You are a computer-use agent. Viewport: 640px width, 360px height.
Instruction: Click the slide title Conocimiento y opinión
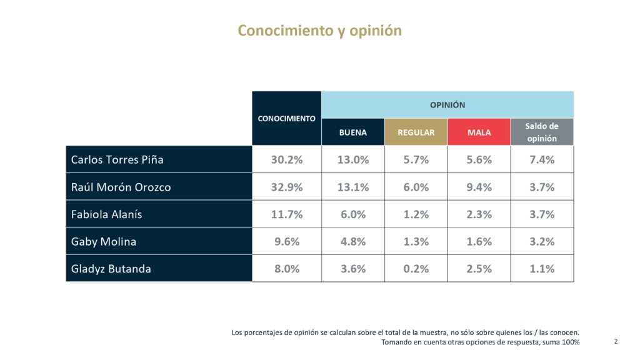[x=319, y=31]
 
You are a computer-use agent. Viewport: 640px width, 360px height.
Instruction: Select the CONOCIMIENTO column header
[x=287, y=118]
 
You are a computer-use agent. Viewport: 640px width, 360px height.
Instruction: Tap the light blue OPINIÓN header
[x=447, y=105]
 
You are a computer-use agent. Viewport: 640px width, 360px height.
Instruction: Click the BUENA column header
[x=353, y=132]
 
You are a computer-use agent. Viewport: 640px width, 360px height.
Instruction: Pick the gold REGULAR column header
[x=416, y=132]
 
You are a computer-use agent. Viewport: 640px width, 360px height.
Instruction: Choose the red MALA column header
[x=479, y=132]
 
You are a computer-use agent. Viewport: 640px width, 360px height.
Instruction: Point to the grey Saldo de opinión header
[x=542, y=132]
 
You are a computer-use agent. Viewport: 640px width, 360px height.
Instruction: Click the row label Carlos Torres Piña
[x=117, y=159]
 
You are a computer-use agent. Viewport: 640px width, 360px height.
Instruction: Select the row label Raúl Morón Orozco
[x=121, y=187]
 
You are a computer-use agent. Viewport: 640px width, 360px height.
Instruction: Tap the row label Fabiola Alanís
[x=107, y=214]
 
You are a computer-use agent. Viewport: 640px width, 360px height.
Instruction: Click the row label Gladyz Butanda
[x=111, y=269]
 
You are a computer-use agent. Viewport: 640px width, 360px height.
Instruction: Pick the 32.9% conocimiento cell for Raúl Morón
[x=287, y=187]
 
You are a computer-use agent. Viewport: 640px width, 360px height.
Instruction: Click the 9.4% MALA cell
[x=479, y=187]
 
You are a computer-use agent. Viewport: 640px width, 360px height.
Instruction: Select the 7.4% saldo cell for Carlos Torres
[x=542, y=159]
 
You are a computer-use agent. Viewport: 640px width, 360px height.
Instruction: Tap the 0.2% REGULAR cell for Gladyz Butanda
[x=416, y=269]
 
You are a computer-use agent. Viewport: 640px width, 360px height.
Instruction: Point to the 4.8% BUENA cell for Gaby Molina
[x=353, y=242]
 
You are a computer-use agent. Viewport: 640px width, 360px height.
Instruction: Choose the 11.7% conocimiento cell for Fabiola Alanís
[x=287, y=214]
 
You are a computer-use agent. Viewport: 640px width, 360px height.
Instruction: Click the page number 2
[x=616, y=341]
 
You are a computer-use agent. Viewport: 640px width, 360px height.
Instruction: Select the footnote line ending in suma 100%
[x=481, y=342]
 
